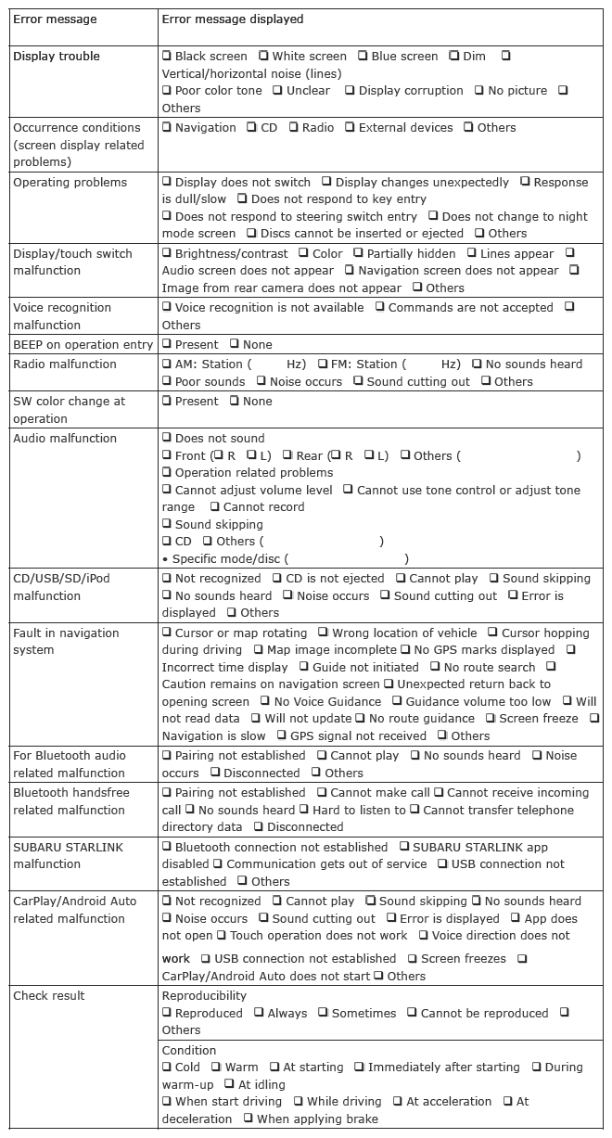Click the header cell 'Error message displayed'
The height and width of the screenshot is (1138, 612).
click(x=232, y=19)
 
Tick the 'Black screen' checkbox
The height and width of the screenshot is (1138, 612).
click(x=167, y=57)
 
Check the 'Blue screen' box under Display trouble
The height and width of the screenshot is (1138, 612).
click(x=363, y=57)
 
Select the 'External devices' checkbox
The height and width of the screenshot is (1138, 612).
click(x=350, y=127)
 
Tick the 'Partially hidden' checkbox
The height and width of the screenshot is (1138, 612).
click(x=358, y=253)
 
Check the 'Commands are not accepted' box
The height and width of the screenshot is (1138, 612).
click(x=379, y=307)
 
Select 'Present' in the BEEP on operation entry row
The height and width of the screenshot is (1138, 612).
click(x=167, y=344)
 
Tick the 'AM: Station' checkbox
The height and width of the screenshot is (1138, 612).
click(x=167, y=364)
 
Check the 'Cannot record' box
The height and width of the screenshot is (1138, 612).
click(x=214, y=506)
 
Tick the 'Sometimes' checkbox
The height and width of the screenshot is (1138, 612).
click(x=323, y=1013)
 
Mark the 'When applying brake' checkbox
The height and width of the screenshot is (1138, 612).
click(x=248, y=1119)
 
